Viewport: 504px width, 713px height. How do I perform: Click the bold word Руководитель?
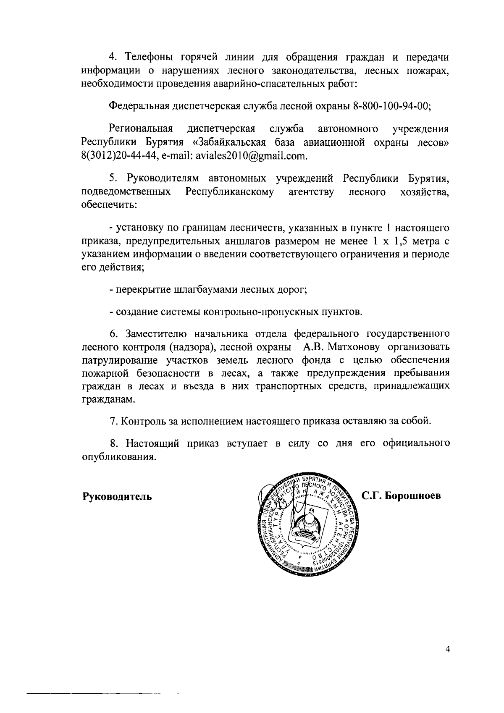[x=116, y=496]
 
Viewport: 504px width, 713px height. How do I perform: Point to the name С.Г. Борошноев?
[x=402, y=495]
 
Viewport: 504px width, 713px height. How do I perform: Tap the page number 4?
[x=447, y=661]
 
